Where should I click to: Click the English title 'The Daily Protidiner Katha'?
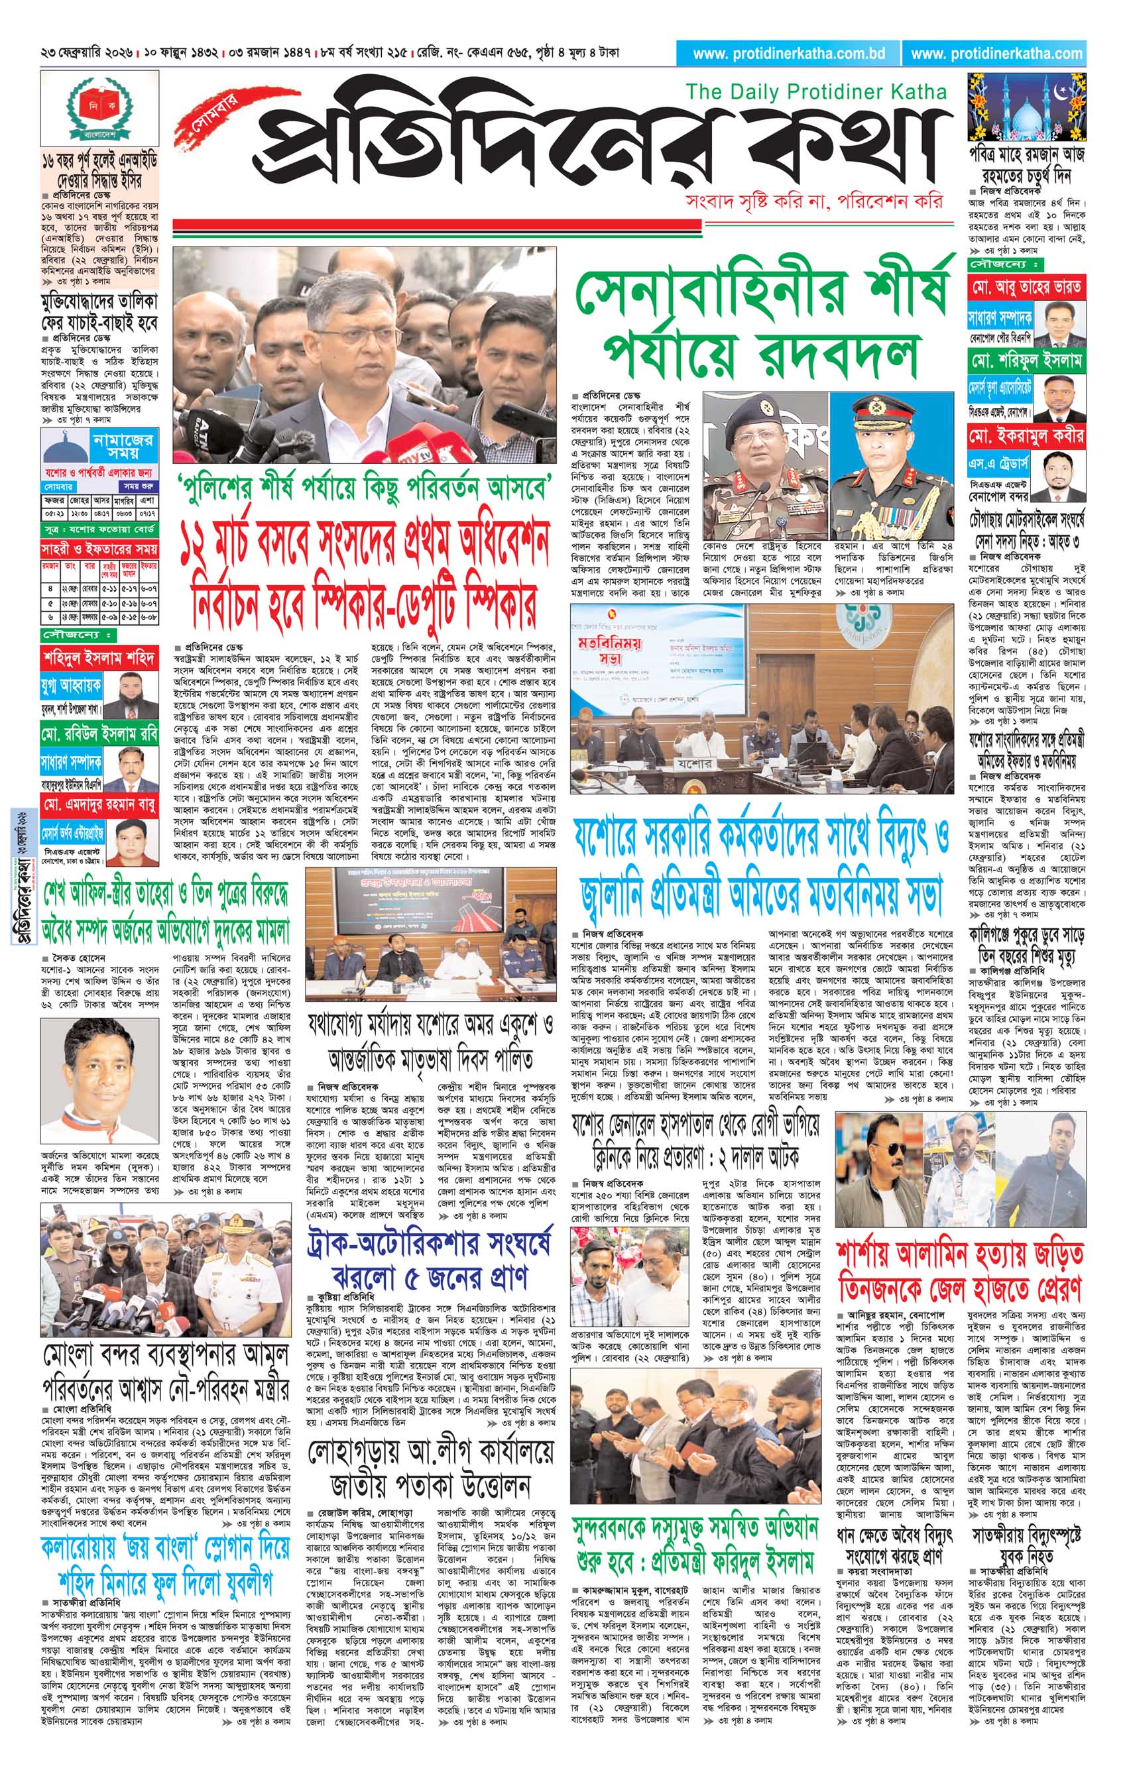pyautogui.click(x=816, y=92)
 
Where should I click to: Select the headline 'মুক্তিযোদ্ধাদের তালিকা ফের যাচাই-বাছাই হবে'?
pyautogui.click(x=99, y=312)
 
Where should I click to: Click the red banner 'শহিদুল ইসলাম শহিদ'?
pyautogui.click(x=99, y=659)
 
